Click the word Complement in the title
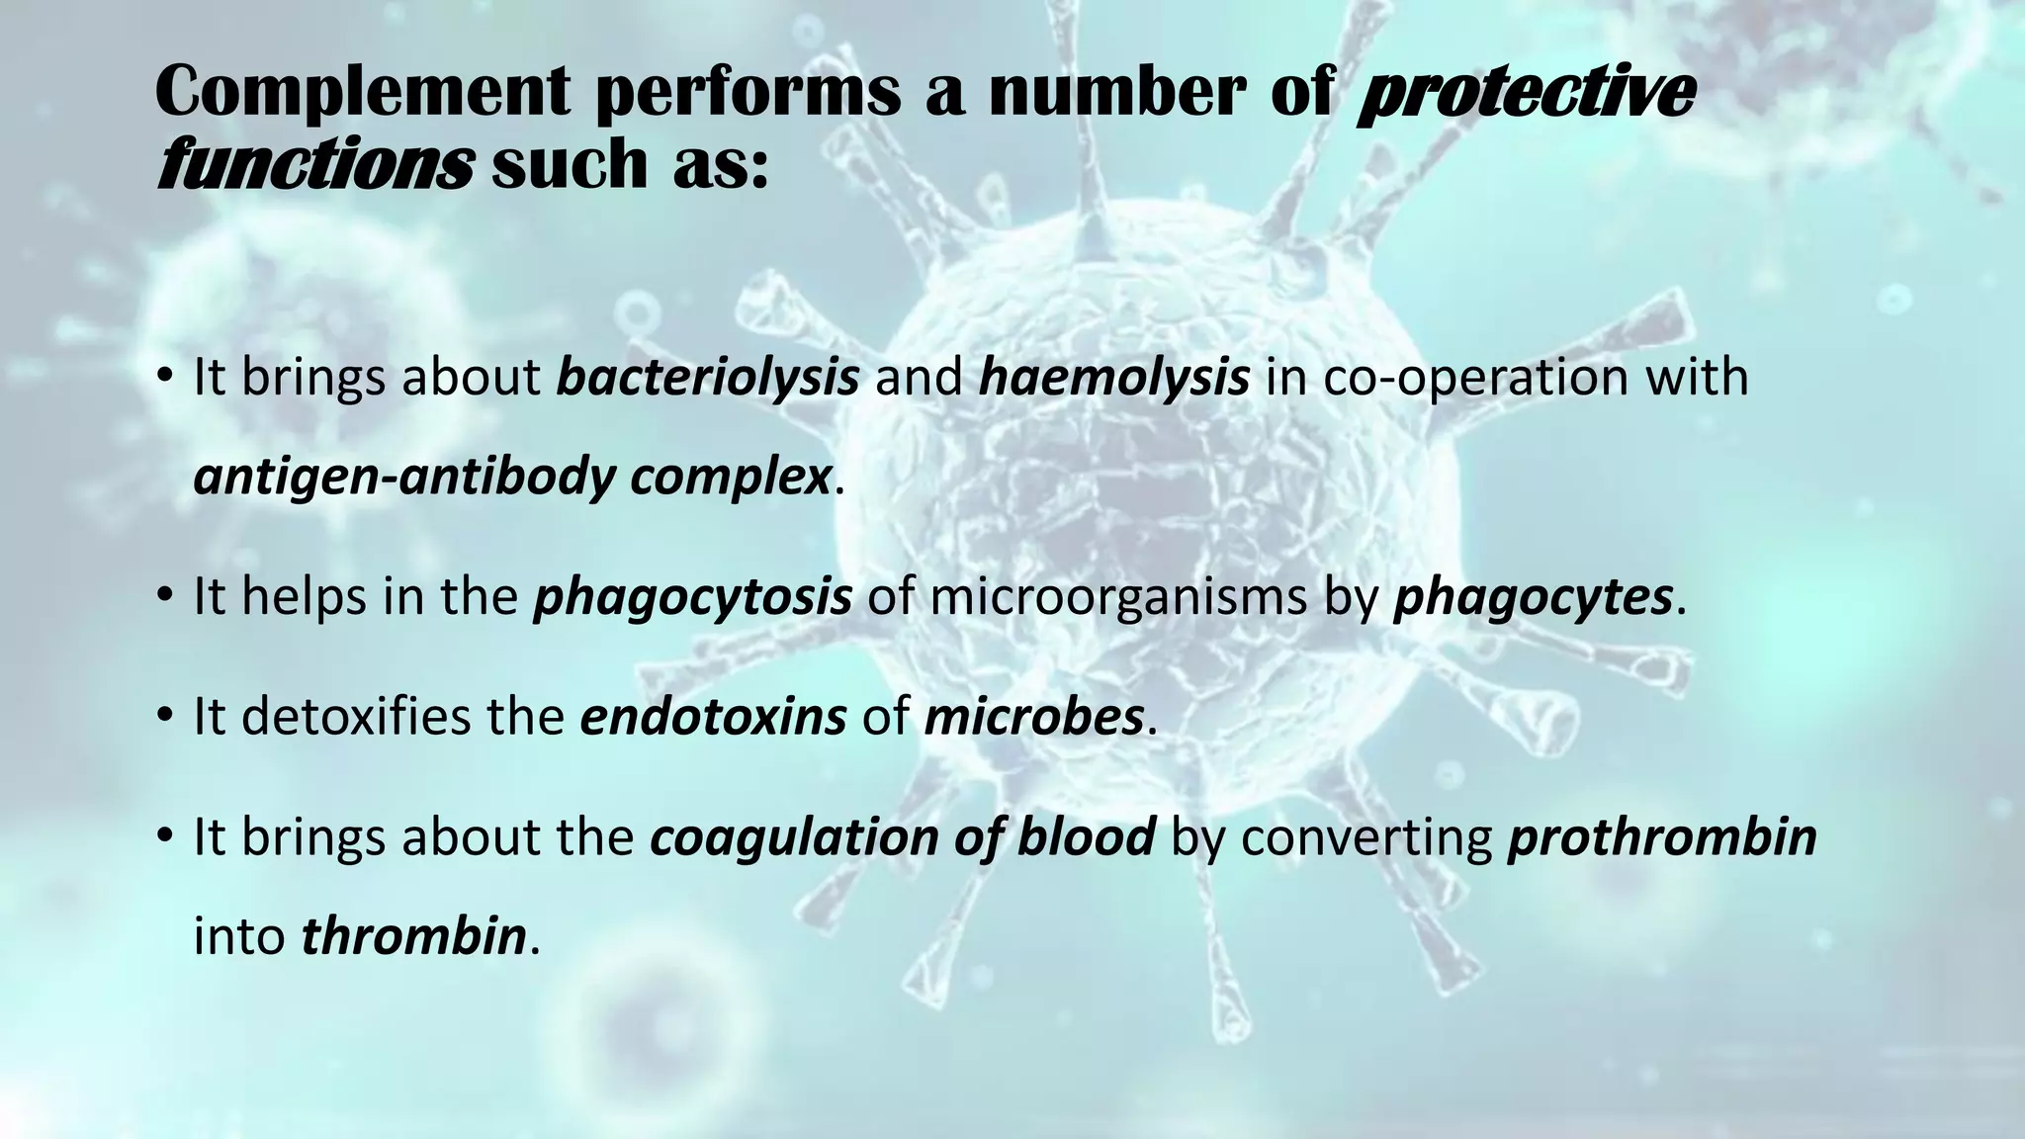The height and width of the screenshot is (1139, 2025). coord(362,94)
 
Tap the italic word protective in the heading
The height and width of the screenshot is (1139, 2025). coord(1526,94)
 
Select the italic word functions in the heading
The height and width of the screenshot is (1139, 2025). coord(314,165)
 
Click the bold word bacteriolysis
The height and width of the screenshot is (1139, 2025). coord(707,378)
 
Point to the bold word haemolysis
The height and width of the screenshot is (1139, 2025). coord(1114,378)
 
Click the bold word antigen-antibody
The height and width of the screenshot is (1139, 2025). coord(404,478)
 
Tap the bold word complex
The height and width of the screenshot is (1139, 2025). coord(731,478)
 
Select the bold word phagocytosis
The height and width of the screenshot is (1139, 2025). coord(692,597)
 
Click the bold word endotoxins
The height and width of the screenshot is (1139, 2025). coord(713,716)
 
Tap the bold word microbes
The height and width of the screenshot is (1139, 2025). coord(1033,716)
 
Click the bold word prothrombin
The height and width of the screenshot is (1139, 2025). coord(1662,836)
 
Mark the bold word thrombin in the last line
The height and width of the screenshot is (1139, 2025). coord(413,935)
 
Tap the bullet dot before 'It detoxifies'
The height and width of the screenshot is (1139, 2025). coord(165,718)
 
